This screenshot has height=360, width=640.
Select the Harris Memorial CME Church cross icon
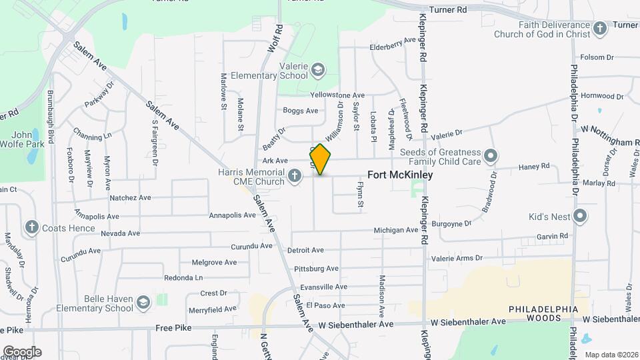click(295, 177)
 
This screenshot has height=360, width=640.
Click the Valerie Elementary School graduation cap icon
click(318, 69)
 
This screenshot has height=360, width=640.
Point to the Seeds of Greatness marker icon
click(491, 156)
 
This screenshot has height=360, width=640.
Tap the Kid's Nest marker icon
click(580, 216)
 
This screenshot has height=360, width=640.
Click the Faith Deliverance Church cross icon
click(599, 29)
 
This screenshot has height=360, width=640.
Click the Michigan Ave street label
click(395, 230)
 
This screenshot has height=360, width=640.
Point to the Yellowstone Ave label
click(342, 95)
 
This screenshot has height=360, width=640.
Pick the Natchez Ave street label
click(131, 198)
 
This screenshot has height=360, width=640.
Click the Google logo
click(22, 351)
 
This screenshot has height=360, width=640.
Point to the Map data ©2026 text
click(611, 355)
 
